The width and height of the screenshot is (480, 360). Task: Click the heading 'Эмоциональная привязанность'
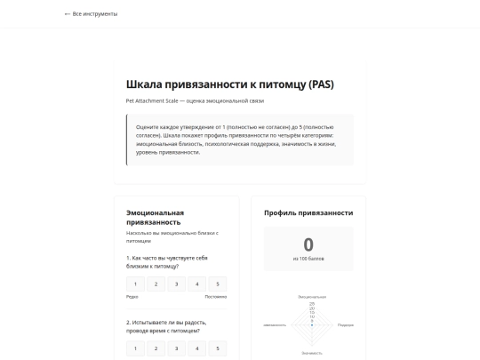click(x=155, y=218)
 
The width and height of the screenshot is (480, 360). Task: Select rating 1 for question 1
click(x=136, y=284)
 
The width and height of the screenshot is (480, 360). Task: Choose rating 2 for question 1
click(x=156, y=284)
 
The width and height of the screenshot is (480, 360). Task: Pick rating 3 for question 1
click(x=177, y=284)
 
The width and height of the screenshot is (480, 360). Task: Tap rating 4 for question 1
click(x=197, y=284)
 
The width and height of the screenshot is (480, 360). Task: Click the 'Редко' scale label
click(x=132, y=297)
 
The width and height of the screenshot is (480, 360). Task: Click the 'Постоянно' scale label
click(x=216, y=297)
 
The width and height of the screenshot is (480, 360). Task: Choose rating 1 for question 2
click(x=136, y=348)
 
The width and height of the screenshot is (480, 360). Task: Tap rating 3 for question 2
click(x=177, y=348)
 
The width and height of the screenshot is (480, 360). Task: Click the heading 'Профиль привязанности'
click(x=308, y=213)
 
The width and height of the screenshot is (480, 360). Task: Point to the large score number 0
click(x=308, y=244)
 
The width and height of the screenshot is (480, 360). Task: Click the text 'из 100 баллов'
click(x=308, y=259)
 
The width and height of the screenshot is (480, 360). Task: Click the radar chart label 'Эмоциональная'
click(x=312, y=296)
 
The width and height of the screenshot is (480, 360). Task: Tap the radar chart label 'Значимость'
click(x=312, y=353)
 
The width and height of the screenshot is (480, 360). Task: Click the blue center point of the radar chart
click(x=312, y=324)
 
